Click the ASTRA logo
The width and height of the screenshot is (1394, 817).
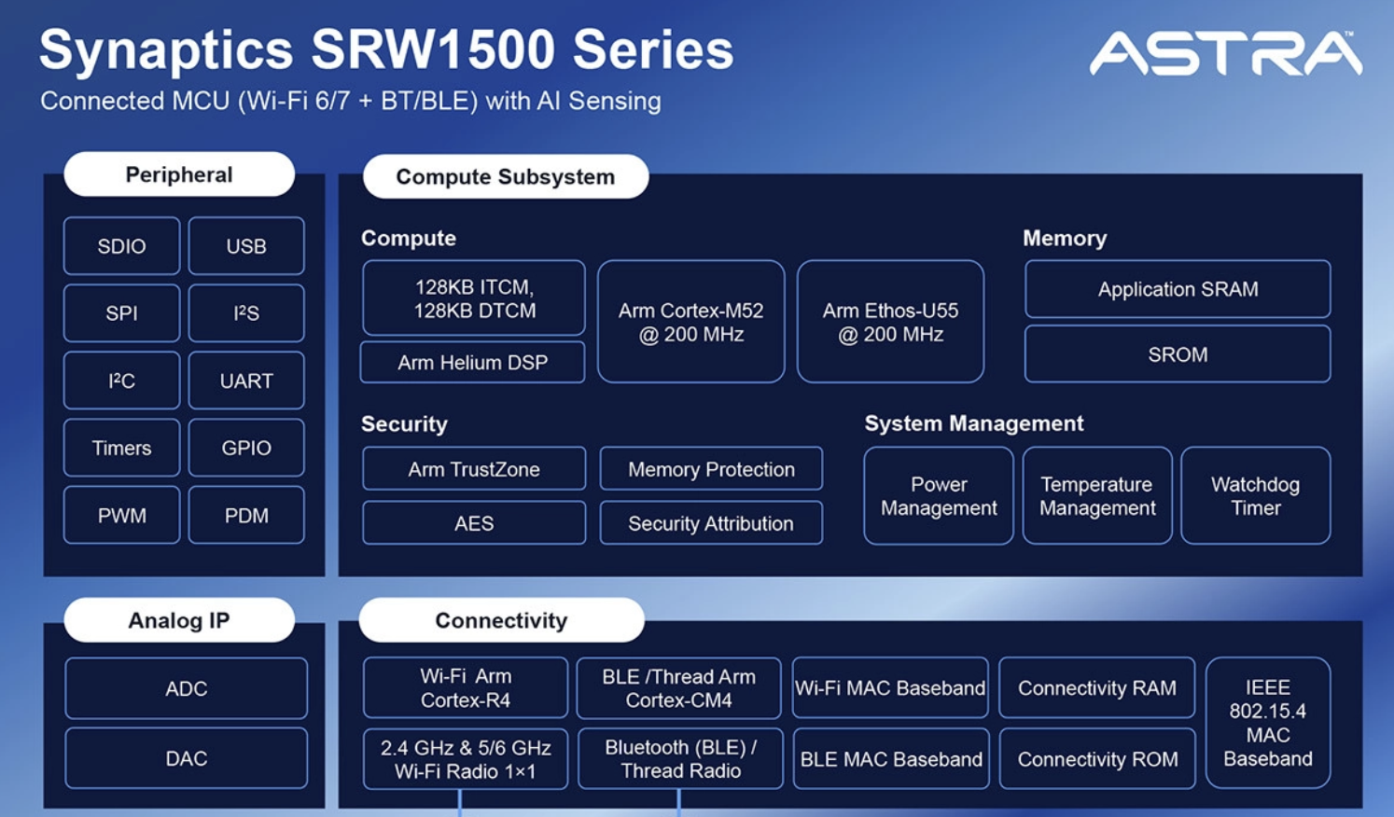click(1225, 53)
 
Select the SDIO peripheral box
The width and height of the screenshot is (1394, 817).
click(121, 246)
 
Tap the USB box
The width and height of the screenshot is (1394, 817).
click(246, 246)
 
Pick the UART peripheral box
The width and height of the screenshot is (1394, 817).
click(246, 381)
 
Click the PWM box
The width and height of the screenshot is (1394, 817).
click(121, 515)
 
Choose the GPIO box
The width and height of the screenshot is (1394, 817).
click(246, 448)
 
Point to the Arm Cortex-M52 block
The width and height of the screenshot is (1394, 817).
click(690, 322)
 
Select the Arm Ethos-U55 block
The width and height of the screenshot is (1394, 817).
click(890, 322)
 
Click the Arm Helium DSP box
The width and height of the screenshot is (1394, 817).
click(472, 362)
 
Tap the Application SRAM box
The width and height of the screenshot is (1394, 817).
click(1178, 289)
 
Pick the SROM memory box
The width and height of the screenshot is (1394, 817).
click(1178, 354)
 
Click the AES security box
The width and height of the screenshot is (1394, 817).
click(473, 523)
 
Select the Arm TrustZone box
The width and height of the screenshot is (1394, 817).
click(473, 469)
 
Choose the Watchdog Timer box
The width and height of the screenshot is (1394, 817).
click(1255, 495)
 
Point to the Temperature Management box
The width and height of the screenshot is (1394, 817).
click(1097, 495)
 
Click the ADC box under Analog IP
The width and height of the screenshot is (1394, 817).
click(186, 688)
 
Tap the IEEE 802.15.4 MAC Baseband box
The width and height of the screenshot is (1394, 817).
click(1267, 723)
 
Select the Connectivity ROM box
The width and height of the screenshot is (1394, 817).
click(1097, 759)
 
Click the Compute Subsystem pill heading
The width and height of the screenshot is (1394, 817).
click(505, 176)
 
